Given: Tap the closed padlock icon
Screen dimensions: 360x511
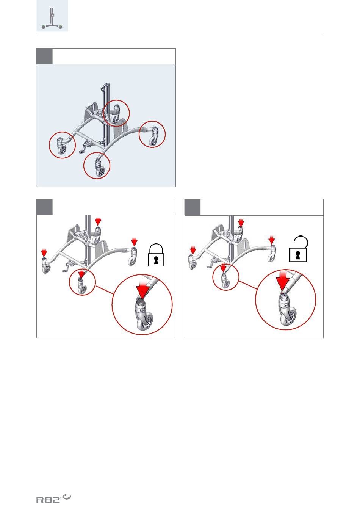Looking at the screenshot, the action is [x=156, y=255].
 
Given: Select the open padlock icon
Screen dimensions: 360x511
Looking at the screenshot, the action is [x=298, y=249].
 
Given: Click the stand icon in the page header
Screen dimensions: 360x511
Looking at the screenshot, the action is [x=52, y=18].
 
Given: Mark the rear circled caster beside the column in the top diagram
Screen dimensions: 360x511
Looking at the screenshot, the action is [x=116, y=113].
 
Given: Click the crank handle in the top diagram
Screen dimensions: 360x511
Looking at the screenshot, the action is [x=85, y=147].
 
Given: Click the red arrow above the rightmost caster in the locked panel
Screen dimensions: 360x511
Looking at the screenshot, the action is [x=134, y=242].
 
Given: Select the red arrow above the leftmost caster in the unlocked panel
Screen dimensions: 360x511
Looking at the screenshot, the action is [x=193, y=250].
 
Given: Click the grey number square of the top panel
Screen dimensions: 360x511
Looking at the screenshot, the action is [x=44, y=56].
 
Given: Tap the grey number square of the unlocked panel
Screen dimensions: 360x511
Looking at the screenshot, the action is [x=193, y=207].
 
